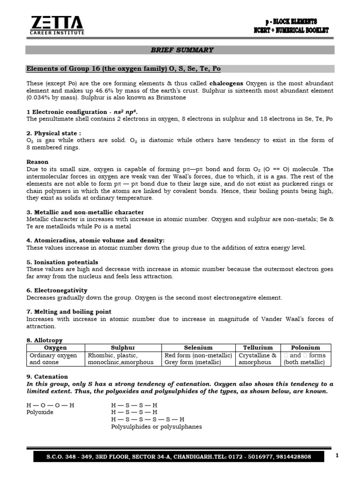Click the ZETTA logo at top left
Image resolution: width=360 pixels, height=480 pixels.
[57, 25]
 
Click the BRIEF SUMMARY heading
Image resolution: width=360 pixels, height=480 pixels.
[182, 50]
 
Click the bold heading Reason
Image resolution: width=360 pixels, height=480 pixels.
[37, 162]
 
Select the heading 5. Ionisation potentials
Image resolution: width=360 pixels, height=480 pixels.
[62, 262]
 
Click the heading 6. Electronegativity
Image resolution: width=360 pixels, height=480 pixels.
[57, 291]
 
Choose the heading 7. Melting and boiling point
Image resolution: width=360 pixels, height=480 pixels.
[69, 312]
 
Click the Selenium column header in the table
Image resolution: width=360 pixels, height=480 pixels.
[198, 348]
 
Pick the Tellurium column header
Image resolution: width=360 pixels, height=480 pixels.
[258, 348]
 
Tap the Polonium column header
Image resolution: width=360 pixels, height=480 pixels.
[305, 348]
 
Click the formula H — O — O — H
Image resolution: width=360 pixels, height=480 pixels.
[50, 405]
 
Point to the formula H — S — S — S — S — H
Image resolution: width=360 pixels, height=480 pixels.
[148, 419]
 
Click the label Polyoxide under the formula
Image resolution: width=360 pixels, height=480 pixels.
[40, 412]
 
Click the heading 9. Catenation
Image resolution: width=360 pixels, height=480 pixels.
[47, 376]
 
